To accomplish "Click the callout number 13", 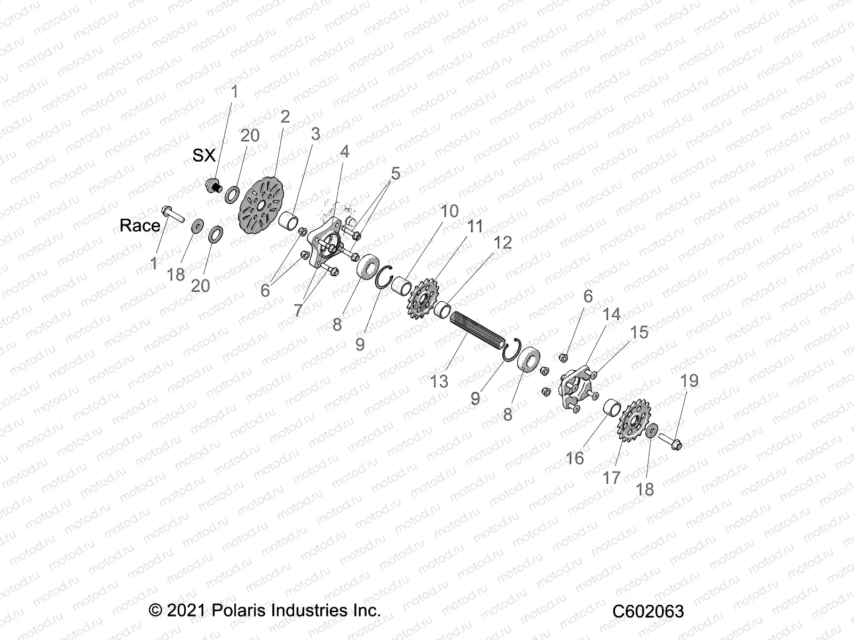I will [439, 381].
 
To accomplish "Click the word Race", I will [140, 226].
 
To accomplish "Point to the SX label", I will [204, 155].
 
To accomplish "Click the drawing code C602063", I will [647, 611].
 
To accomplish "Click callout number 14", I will [611, 314].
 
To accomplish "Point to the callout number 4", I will [345, 151].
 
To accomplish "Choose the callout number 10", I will [449, 211].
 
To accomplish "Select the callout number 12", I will [502, 243].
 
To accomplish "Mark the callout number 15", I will [639, 332].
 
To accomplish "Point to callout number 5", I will [396, 173].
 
